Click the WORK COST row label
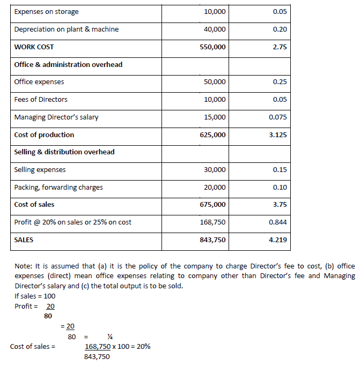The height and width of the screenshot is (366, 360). (x=34, y=47)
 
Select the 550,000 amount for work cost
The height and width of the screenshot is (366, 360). (x=213, y=47)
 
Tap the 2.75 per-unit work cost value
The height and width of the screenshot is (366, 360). (x=280, y=47)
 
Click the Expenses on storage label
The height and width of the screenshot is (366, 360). (x=46, y=11)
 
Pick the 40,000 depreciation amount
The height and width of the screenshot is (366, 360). (x=215, y=29)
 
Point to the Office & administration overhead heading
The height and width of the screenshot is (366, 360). (x=68, y=64)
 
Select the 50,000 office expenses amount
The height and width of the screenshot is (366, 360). (x=215, y=82)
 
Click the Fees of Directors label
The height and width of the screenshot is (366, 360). (x=41, y=99)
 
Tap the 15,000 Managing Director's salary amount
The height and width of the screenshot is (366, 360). (x=215, y=117)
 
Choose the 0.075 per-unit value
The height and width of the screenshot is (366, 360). (x=277, y=117)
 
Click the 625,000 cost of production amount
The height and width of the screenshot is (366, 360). (x=213, y=135)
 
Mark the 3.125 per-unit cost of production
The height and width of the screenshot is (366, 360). (x=277, y=135)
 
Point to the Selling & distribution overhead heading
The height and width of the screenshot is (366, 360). (x=64, y=152)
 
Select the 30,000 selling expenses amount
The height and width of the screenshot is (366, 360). (x=215, y=169)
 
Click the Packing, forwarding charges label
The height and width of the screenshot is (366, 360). (x=58, y=187)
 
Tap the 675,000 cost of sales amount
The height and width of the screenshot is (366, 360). (x=213, y=204)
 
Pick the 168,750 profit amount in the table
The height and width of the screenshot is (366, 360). (x=213, y=222)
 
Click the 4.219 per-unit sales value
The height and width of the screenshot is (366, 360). (x=277, y=240)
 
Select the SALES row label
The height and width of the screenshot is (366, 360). (x=24, y=240)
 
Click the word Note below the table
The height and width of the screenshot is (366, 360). (x=22, y=266)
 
